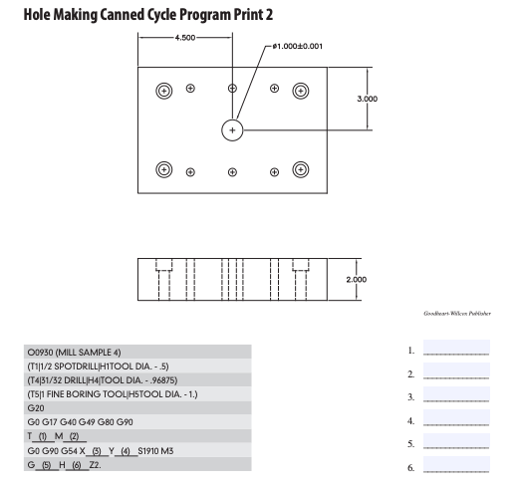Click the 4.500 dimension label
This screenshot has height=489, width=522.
point(184,37)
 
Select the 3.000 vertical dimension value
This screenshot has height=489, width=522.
point(382,99)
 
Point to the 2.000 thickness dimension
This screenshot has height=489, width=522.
point(356,279)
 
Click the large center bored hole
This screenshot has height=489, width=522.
point(232,129)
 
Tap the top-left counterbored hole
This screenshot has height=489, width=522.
point(163,91)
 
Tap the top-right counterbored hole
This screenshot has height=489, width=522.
point(300,90)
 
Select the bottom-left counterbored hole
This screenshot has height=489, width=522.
point(163,169)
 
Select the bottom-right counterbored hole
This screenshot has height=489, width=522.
point(300,169)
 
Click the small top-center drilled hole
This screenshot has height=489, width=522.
point(232,89)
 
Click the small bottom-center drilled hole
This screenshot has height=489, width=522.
point(232,170)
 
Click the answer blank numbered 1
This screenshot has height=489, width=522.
point(456,350)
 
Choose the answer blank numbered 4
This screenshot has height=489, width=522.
point(456,418)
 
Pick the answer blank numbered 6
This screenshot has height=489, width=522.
point(456,465)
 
